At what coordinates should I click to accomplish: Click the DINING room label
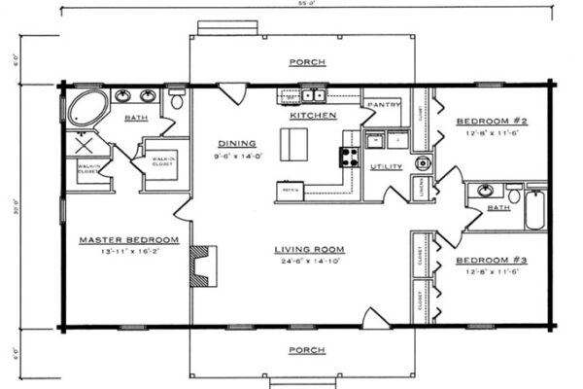point(236,141)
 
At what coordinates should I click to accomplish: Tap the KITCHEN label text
point(313,116)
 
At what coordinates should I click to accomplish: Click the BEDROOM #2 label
point(492,122)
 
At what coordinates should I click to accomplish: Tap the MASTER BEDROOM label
point(128,239)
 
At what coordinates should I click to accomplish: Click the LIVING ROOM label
point(309,249)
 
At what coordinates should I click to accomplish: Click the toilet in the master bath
point(177,99)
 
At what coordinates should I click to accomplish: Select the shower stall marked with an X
point(83,144)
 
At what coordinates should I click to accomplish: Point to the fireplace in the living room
point(203,265)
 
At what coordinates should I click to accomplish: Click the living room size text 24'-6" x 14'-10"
point(309,261)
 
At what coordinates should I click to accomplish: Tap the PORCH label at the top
point(307,62)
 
